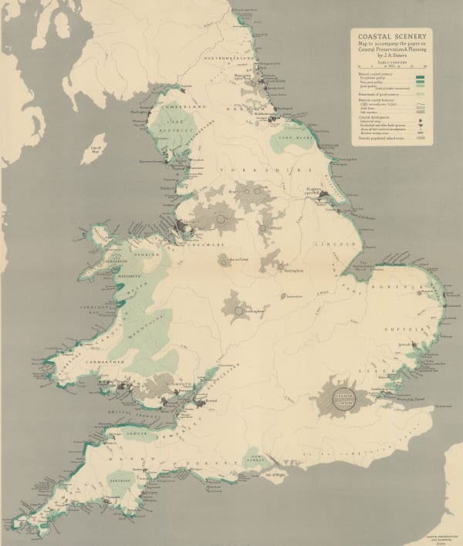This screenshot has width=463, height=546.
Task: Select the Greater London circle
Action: point(341,399)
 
